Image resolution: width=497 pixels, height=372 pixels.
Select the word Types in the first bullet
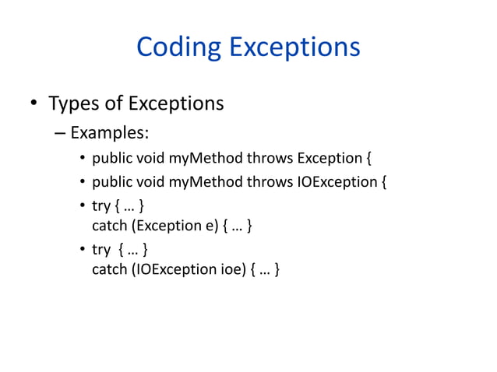tap(78, 103)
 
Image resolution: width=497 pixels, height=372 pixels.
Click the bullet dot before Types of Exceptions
tap(33, 104)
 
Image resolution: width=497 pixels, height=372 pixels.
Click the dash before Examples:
tap(60, 132)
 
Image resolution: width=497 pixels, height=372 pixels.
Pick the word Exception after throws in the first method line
tap(329, 160)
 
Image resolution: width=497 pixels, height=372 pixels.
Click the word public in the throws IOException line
tap(112, 184)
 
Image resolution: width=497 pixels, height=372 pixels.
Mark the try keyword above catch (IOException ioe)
tap(101, 250)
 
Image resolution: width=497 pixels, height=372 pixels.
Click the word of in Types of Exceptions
tap(115, 103)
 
